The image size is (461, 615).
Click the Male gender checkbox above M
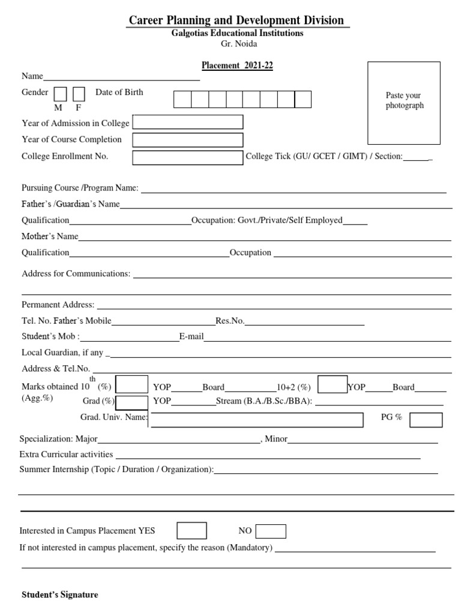click(x=60, y=94)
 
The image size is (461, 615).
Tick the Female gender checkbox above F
click(x=79, y=94)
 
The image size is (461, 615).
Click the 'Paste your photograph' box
click(x=404, y=103)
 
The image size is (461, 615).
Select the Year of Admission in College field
click(x=188, y=123)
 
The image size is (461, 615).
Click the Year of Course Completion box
click(x=188, y=140)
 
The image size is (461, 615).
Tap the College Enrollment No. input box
click(x=188, y=157)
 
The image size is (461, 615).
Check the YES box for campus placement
click(x=191, y=531)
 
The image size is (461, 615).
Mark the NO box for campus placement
click(x=271, y=531)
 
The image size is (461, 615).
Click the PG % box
click(x=426, y=419)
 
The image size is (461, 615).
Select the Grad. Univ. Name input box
click(x=257, y=419)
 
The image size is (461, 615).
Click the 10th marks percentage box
click(x=131, y=384)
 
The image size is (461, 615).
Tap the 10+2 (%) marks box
click(x=333, y=384)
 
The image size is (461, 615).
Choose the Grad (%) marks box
click(x=131, y=402)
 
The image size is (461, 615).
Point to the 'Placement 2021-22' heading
click(x=237, y=66)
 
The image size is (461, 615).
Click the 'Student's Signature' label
click(x=59, y=595)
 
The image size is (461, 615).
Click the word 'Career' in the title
click(x=148, y=20)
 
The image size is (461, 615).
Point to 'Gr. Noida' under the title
click(x=237, y=43)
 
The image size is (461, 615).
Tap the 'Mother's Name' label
click(x=50, y=236)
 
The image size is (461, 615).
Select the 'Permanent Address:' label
click(x=58, y=304)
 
